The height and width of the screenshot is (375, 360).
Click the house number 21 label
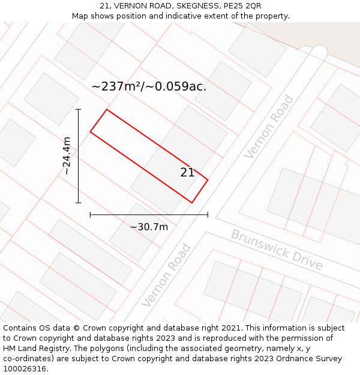tap(187, 173)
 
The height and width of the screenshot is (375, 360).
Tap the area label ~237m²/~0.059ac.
tap(149, 86)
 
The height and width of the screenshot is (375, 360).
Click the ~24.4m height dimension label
tap(67, 156)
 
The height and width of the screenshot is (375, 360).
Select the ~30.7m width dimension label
tap(149, 227)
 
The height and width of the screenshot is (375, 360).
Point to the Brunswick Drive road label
tap(277, 250)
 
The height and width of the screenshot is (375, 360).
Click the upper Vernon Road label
tap(269, 127)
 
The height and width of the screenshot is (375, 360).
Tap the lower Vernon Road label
tap(166, 275)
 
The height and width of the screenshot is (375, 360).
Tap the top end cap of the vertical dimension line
tap(78, 109)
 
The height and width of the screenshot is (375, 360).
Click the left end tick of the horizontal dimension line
tap(90, 214)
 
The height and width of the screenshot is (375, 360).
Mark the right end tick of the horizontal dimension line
tap(208, 214)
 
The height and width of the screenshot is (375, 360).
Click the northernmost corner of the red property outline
tap(107, 109)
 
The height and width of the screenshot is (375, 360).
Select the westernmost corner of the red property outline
tap(90, 131)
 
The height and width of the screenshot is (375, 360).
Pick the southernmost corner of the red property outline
tap(191, 203)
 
